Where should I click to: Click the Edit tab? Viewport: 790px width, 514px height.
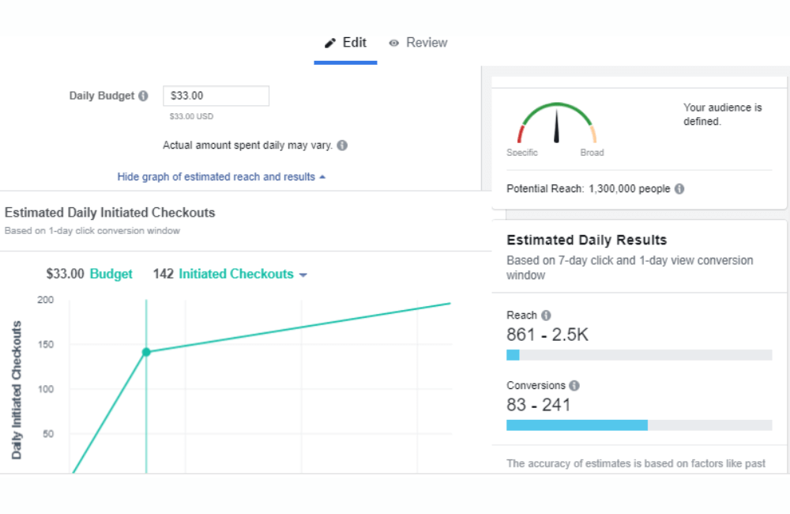(x=346, y=43)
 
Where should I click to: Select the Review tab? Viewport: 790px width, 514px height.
(x=418, y=43)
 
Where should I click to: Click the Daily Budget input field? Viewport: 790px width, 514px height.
(x=216, y=96)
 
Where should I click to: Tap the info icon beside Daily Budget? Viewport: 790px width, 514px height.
(x=143, y=96)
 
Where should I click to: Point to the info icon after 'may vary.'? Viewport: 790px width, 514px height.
(x=341, y=146)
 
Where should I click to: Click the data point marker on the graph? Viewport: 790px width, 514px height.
(x=146, y=352)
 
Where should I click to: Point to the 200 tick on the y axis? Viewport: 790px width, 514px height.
(x=45, y=300)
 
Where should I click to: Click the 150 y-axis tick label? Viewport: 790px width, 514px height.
(x=45, y=345)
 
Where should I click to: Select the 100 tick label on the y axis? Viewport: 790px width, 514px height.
(x=45, y=389)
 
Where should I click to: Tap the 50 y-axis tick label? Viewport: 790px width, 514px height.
(x=47, y=434)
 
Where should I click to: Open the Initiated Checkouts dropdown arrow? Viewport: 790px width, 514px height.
(x=303, y=275)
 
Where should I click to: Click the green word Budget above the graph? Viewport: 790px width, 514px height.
(x=111, y=274)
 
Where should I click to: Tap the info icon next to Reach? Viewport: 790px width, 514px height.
(x=546, y=316)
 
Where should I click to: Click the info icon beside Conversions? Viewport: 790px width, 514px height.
(x=574, y=386)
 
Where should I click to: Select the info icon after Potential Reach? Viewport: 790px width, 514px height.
(x=679, y=189)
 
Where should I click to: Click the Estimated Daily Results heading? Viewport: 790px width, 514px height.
(x=586, y=240)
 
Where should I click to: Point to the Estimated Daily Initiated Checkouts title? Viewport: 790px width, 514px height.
(x=110, y=213)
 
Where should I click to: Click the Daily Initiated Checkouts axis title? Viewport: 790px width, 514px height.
(x=17, y=390)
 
